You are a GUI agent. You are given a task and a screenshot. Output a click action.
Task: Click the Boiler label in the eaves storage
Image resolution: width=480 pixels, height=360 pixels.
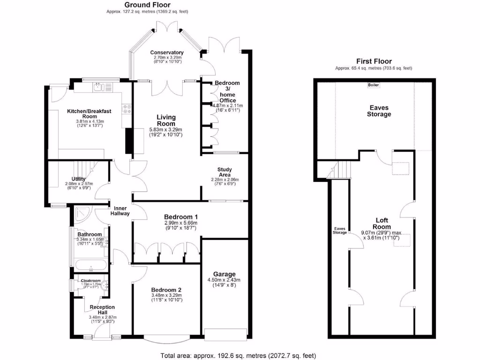(x=374, y=85)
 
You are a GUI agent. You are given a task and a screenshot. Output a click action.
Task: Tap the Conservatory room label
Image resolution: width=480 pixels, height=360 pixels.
(x=166, y=52)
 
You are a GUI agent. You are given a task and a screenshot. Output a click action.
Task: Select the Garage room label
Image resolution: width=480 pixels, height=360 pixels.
(x=224, y=274)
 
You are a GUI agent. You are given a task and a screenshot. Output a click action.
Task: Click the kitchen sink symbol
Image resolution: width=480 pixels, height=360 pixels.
(x=99, y=86)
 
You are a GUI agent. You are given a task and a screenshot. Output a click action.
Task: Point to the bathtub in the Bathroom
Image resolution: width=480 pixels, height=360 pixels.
(x=90, y=265)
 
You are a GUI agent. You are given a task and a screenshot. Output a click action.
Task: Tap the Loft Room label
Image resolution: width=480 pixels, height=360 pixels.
(x=382, y=223)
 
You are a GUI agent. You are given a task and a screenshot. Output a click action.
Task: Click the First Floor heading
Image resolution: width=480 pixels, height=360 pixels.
(x=374, y=61)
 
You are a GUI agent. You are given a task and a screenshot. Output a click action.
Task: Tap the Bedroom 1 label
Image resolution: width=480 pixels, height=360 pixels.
(x=180, y=217)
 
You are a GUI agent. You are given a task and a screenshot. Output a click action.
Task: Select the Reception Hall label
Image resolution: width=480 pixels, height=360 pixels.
(x=102, y=310)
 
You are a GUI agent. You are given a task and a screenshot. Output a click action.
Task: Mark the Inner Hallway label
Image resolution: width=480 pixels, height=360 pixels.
(x=120, y=210)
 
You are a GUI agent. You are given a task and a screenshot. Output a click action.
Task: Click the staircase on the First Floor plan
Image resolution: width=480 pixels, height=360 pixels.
(x=341, y=169)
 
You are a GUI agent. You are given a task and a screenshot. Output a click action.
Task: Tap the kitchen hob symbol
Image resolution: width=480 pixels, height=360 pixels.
(x=126, y=109)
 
